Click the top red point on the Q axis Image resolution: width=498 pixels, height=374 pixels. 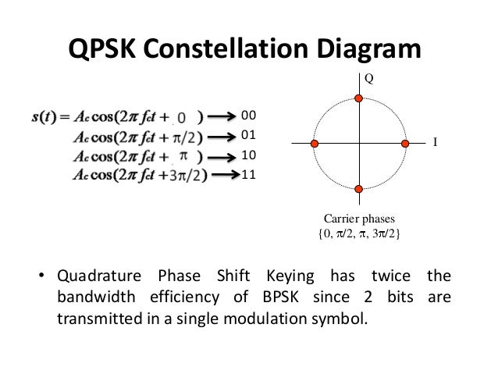(x=359, y=98)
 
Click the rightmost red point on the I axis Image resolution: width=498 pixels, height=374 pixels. (x=405, y=144)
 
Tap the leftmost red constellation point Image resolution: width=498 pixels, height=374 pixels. (x=314, y=144)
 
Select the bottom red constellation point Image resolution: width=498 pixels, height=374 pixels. (x=359, y=189)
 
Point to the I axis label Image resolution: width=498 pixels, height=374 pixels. (x=435, y=143)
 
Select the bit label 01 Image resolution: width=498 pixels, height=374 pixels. (x=249, y=134)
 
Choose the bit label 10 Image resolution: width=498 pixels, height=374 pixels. (x=249, y=155)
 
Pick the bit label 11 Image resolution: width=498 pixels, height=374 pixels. (x=249, y=173)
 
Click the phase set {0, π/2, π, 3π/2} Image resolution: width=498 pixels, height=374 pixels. (x=359, y=233)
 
